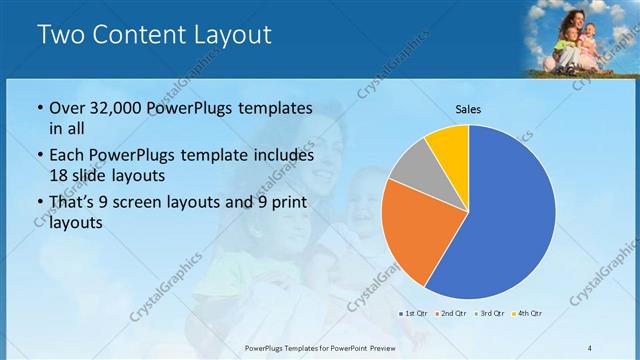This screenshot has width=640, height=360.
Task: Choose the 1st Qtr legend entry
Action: coord(415,314)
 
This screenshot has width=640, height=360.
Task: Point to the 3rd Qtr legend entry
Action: coord(491,314)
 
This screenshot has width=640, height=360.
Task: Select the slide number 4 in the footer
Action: coord(590,348)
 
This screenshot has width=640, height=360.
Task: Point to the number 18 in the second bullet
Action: coord(59,174)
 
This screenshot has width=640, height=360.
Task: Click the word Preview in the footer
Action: coord(391,348)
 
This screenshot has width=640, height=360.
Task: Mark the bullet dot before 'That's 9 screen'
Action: coord(38,203)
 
